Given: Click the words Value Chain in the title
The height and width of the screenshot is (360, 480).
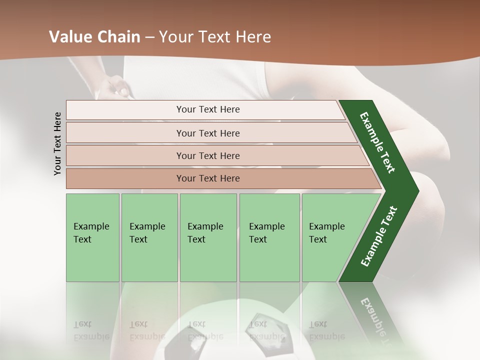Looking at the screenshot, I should (94, 37).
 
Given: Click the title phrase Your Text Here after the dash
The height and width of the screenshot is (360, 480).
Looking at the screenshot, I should (215, 37).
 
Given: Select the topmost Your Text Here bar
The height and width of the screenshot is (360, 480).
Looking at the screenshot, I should (207, 109).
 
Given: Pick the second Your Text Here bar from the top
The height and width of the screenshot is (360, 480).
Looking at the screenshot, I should (207, 133).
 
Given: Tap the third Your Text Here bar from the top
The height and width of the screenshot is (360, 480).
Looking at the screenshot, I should (207, 155).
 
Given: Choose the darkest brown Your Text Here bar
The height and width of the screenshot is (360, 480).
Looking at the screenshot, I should (207, 178).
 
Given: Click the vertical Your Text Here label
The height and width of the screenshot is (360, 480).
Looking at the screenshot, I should (57, 143).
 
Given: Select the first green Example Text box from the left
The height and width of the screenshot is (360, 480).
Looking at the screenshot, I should (92, 237).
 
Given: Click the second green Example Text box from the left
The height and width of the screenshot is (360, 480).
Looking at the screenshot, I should (149, 237).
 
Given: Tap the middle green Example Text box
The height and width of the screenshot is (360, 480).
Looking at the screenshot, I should (207, 237).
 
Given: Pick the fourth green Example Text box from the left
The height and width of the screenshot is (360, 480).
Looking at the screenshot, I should (269, 237).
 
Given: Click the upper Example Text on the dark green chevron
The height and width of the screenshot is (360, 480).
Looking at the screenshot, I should (378, 142).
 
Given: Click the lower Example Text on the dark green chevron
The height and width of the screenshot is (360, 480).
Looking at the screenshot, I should (379, 236).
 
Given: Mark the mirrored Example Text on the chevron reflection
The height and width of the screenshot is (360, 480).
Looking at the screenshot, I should (374, 320).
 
